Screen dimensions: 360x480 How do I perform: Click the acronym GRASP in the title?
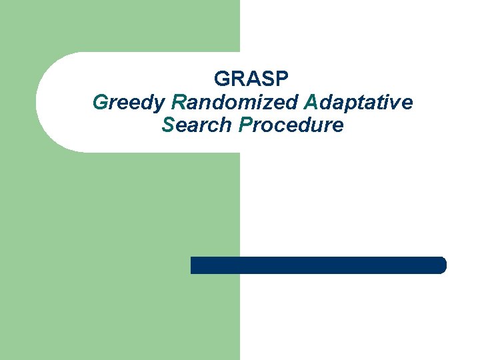[x=252, y=79]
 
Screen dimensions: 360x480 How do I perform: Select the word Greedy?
[x=129, y=103]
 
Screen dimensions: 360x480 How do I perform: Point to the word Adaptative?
[x=358, y=102]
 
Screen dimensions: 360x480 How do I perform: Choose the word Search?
[x=197, y=125]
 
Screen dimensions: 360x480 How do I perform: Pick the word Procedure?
[x=291, y=125]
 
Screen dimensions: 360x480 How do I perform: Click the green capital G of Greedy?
[x=100, y=102]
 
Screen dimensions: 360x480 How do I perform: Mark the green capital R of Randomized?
[x=178, y=102]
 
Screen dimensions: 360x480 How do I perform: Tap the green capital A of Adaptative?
[x=310, y=102]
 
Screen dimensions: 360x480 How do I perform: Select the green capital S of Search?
[x=167, y=125]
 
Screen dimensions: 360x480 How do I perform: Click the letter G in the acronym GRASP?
[x=222, y=79]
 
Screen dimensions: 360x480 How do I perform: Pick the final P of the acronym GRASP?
[x=283, y=79]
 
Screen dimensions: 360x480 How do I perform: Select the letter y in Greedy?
[x=160, y=105]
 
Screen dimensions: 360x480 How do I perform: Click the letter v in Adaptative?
[x=397, y=103]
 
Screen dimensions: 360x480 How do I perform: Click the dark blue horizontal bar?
[x=318, y=265]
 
